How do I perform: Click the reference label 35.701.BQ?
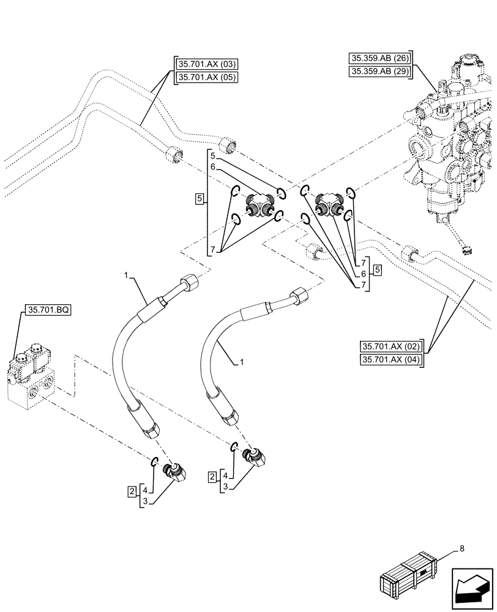point(48,311)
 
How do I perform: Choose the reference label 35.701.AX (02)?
point(392,346)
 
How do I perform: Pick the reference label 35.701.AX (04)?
point(392,359)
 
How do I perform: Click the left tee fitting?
point(255,204)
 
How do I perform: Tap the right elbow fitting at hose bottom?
point(253,457)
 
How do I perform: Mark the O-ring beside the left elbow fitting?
point(155,463)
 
